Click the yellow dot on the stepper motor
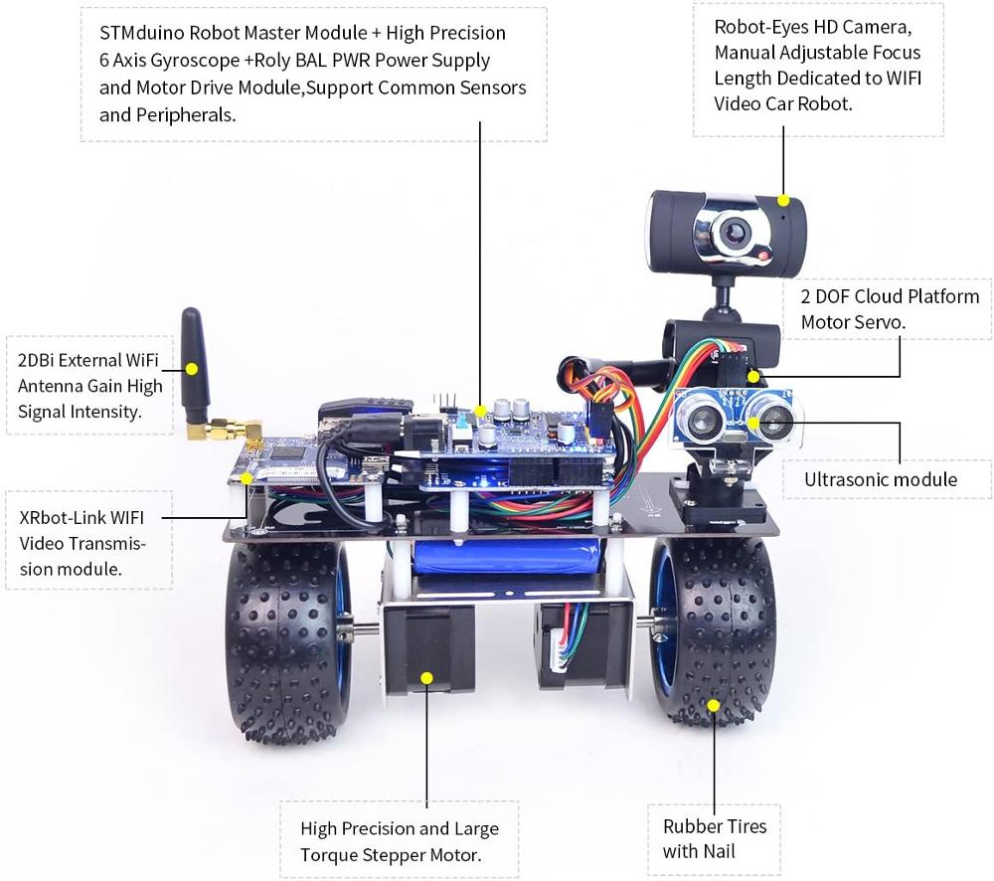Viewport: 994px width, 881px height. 427,678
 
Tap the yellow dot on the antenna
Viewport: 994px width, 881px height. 192,368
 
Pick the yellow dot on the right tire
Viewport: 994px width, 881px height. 713,705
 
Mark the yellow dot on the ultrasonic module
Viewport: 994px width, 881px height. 754,423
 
